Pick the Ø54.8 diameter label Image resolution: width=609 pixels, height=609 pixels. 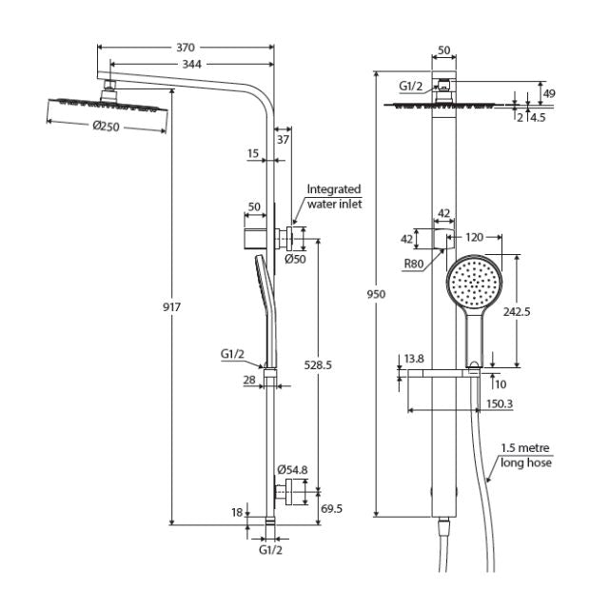pyautogui.click(x=292, y=470)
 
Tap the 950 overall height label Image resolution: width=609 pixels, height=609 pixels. pyautogui.click(x=377, y=295)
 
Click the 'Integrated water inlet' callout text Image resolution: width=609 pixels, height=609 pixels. pyautogui.click(x=333, y=197)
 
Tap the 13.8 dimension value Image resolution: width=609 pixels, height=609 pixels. pyautogui.click(x=414, y=359)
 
